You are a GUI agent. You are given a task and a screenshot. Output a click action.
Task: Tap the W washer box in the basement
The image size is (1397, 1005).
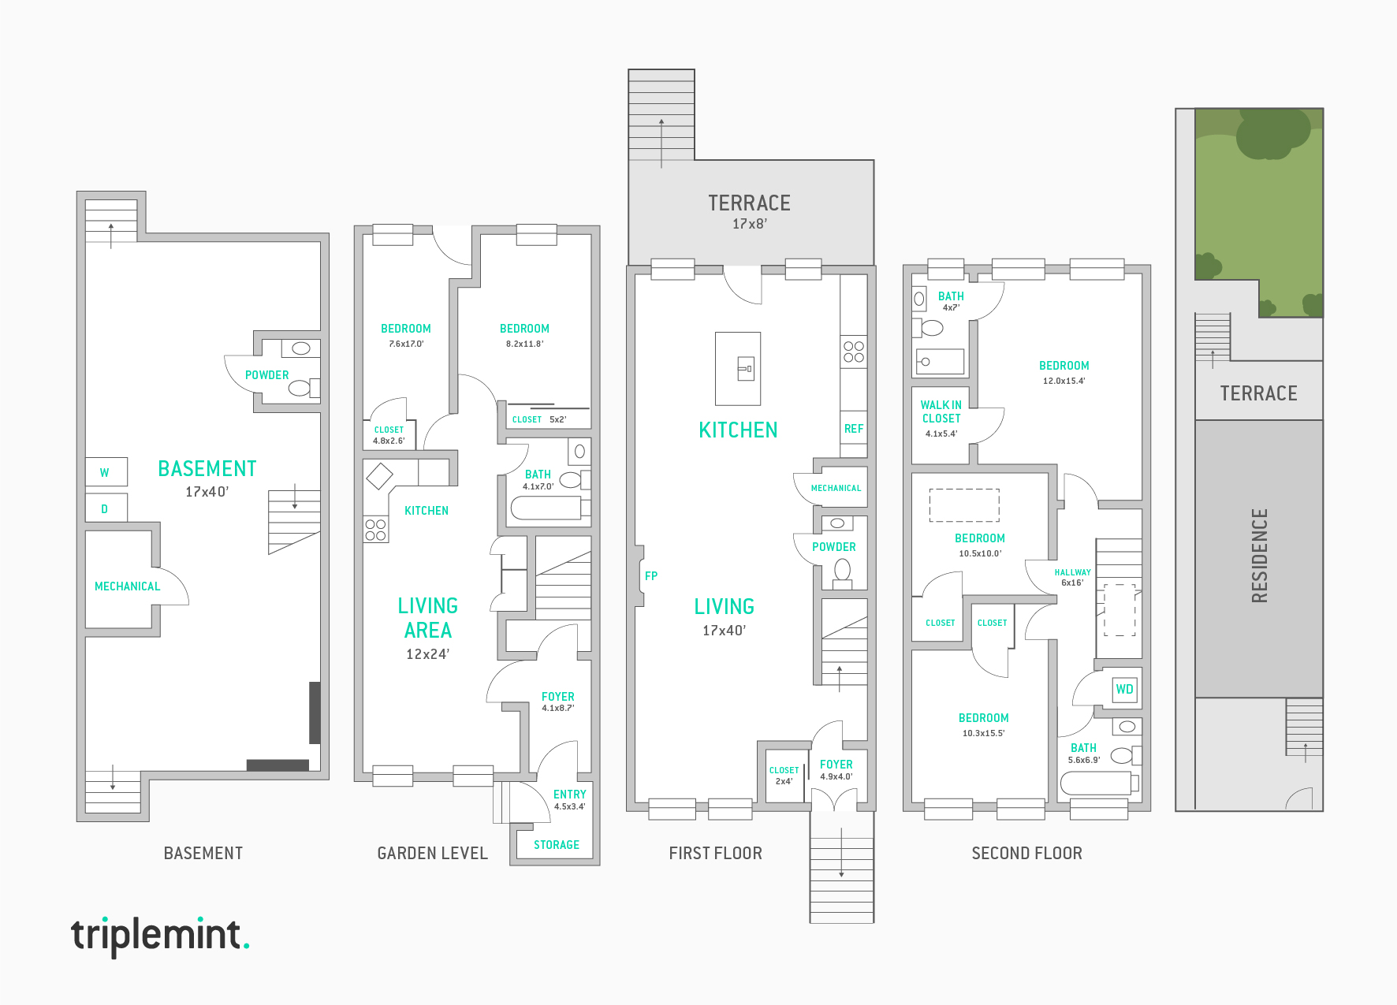(x=106, y=472)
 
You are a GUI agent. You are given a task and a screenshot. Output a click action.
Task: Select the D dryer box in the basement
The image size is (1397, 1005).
(x=106, y=508)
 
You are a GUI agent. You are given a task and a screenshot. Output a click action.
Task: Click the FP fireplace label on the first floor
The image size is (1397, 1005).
(x=650, y=576)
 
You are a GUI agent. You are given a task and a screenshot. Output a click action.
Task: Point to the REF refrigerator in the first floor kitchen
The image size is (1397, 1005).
(x=853, y=429)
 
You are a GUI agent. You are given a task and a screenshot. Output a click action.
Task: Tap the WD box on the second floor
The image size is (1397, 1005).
(x=1124, y=689)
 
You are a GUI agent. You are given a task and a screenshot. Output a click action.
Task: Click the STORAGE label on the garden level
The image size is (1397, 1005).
(x=556, y=845)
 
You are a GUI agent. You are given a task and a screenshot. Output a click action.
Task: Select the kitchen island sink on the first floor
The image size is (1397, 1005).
(x=745, y=368)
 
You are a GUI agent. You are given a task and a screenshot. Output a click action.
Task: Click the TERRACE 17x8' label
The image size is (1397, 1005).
(x=749, y=211)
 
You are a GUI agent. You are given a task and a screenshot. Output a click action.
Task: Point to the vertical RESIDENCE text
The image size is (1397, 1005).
(x=1259, y=555)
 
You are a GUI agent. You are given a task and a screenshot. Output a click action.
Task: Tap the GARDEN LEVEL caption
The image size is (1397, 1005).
(x=432, y=853)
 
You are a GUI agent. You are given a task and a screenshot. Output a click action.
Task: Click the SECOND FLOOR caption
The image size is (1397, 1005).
(x=1026, y=853)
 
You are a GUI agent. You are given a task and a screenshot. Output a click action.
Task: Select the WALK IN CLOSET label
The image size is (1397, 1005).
(x=941, y=412)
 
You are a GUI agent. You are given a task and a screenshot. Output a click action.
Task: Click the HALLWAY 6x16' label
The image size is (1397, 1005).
(x=1072, y=577)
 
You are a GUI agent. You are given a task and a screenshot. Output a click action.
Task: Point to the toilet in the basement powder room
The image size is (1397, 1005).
(x=300, y=388)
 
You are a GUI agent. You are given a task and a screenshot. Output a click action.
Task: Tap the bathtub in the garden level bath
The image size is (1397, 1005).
(x=546, y=508)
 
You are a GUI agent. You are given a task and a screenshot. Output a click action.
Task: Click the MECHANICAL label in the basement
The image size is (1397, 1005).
(x=127, y=586)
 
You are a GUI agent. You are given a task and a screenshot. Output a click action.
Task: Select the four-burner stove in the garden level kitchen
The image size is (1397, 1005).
(x=375, y=530)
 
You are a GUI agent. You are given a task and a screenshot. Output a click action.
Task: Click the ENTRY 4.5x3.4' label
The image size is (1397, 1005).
(x=569, y=799)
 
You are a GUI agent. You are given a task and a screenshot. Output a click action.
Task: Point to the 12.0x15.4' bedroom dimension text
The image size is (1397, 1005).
(x=1064, y=381)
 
